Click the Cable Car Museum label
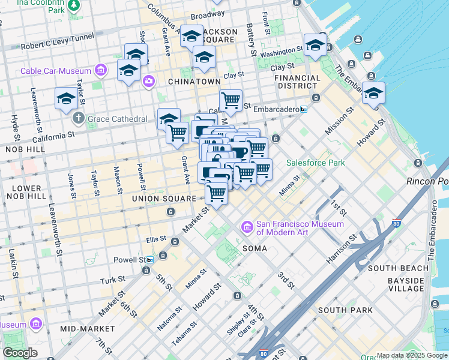tap(55, 71)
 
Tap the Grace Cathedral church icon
tap(78, 119)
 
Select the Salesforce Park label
tap(315, 163)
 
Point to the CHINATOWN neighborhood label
tap(194, 81)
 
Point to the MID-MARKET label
tap(87, 329)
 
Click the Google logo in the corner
tap(20, 353)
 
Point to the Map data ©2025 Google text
tap(411, 355)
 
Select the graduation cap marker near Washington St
tap(315, 45)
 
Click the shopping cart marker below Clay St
tap(231, 100)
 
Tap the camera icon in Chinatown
tap(148, 80)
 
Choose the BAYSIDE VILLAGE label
tap(405, 284)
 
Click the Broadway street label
tap(207, 15)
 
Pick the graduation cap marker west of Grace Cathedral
tap(65, 99)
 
